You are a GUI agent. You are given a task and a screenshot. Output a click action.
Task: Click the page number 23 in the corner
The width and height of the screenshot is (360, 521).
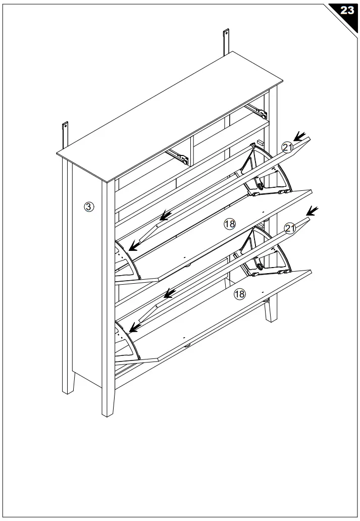pyautogui.click(x=347, y=11)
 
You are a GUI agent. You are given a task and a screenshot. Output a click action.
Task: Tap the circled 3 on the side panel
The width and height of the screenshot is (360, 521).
pyautogui.click(x=88, y=206)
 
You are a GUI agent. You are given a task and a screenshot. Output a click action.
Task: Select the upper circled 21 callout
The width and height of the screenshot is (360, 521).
pyautogui.click(x=288, y=147)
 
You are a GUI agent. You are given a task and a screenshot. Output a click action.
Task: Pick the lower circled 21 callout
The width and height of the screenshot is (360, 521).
pyautogui.click(x=290, y=228)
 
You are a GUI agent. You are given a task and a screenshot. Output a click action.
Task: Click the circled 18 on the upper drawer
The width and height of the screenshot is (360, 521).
pyautogui.click(x=230, y=225)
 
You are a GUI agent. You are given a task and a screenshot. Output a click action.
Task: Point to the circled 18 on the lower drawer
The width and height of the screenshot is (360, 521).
pyautogui.click(x=239, y=294)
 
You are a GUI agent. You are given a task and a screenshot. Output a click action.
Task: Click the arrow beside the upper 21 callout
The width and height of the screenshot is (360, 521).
pyautogui.click(x=301, y=136)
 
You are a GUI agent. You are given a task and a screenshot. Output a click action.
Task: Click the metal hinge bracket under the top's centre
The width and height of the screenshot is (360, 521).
pyautogui.click(x=180, y=157)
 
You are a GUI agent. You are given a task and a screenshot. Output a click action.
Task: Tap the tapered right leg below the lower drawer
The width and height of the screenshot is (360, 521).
pyautogui.click(x=269, y=311)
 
